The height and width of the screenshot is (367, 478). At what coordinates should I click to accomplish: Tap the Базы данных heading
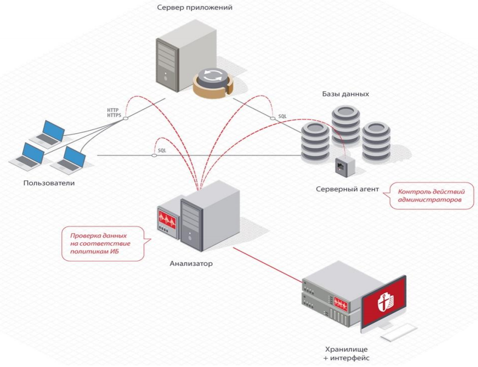(x=346, y=94)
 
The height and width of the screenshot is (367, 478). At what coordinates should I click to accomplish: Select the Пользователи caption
(x=49, y=183)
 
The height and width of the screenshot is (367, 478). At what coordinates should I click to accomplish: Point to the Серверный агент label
(x=347, y=190)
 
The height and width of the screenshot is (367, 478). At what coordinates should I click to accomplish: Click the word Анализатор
(x=191, y=263)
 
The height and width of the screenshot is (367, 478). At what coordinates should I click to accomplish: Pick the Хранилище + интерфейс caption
(x=346, y=353)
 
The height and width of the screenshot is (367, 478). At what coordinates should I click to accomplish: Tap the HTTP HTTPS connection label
(x=115, y=113)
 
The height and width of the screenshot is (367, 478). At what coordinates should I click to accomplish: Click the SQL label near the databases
(x=283, y=117)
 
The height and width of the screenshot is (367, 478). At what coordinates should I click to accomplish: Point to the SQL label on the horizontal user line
(x=162, y=150)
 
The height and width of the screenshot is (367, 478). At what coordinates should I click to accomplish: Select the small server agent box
(x=346, y=166)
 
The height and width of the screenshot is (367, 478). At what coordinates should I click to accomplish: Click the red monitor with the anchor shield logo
(x=384, y=302)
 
